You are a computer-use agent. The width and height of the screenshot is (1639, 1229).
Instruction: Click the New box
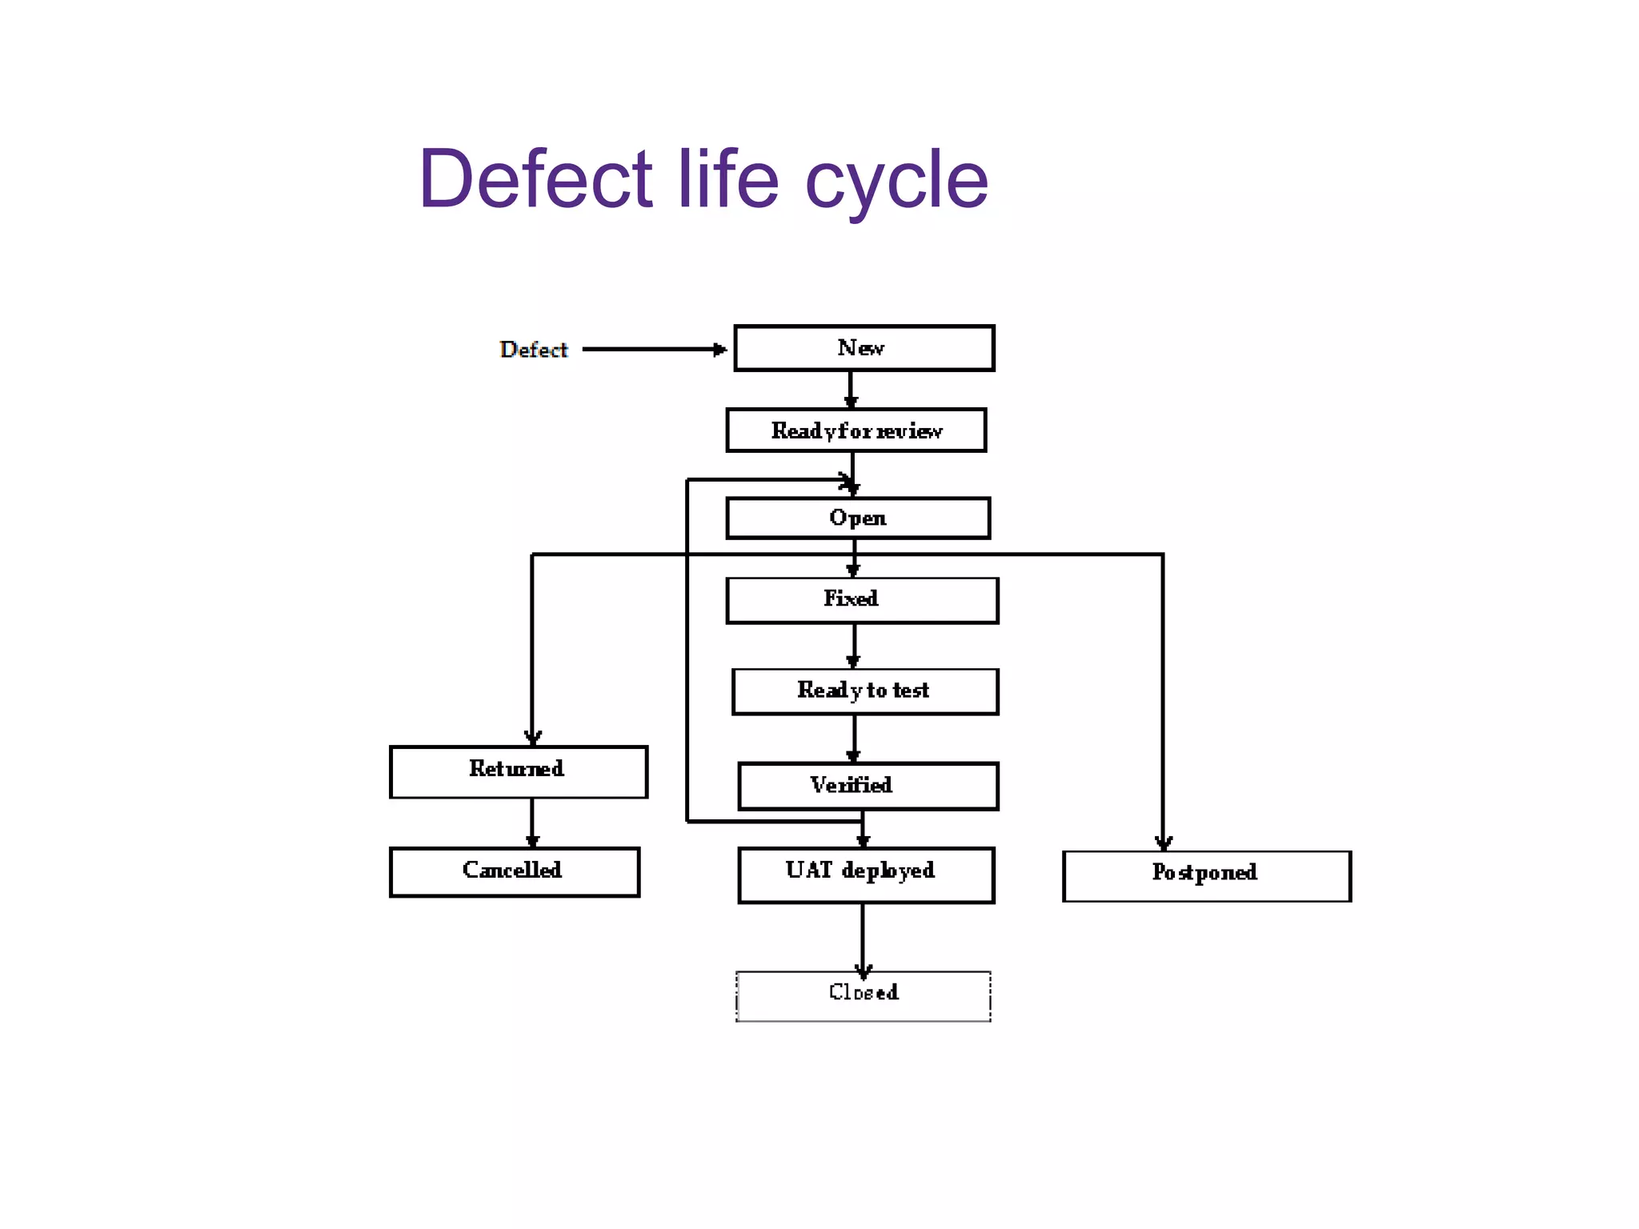point(864,348)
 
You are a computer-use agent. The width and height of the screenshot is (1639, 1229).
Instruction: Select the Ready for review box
point(856,430)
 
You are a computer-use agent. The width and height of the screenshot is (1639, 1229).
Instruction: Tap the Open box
point(858,518)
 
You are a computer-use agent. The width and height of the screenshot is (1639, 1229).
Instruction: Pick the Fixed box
point(862,600)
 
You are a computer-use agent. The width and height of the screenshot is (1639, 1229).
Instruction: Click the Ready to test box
point(864,691)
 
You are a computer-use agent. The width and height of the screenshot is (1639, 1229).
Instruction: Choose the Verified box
point(868,786)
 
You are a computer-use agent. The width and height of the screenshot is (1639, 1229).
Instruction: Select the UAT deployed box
point(865,875)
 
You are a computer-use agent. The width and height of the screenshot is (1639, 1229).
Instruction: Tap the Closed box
point(863,995)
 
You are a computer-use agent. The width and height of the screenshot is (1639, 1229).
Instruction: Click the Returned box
point(518,771)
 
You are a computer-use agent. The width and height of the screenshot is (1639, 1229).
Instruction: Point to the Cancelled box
point(514,871)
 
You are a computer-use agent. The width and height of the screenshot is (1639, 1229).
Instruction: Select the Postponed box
point(1206,876)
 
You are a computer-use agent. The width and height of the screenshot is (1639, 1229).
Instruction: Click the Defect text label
point(533,350)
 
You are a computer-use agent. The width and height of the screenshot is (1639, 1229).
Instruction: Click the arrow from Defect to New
point(652,350)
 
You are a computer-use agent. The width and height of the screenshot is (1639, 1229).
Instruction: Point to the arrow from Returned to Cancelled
point(532,823)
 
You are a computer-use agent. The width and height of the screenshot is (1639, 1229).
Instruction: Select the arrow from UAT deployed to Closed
point(862,936)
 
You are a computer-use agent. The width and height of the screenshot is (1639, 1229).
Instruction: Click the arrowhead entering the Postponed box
point(1163,843)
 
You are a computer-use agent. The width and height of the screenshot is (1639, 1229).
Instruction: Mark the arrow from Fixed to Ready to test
point(854,645)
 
